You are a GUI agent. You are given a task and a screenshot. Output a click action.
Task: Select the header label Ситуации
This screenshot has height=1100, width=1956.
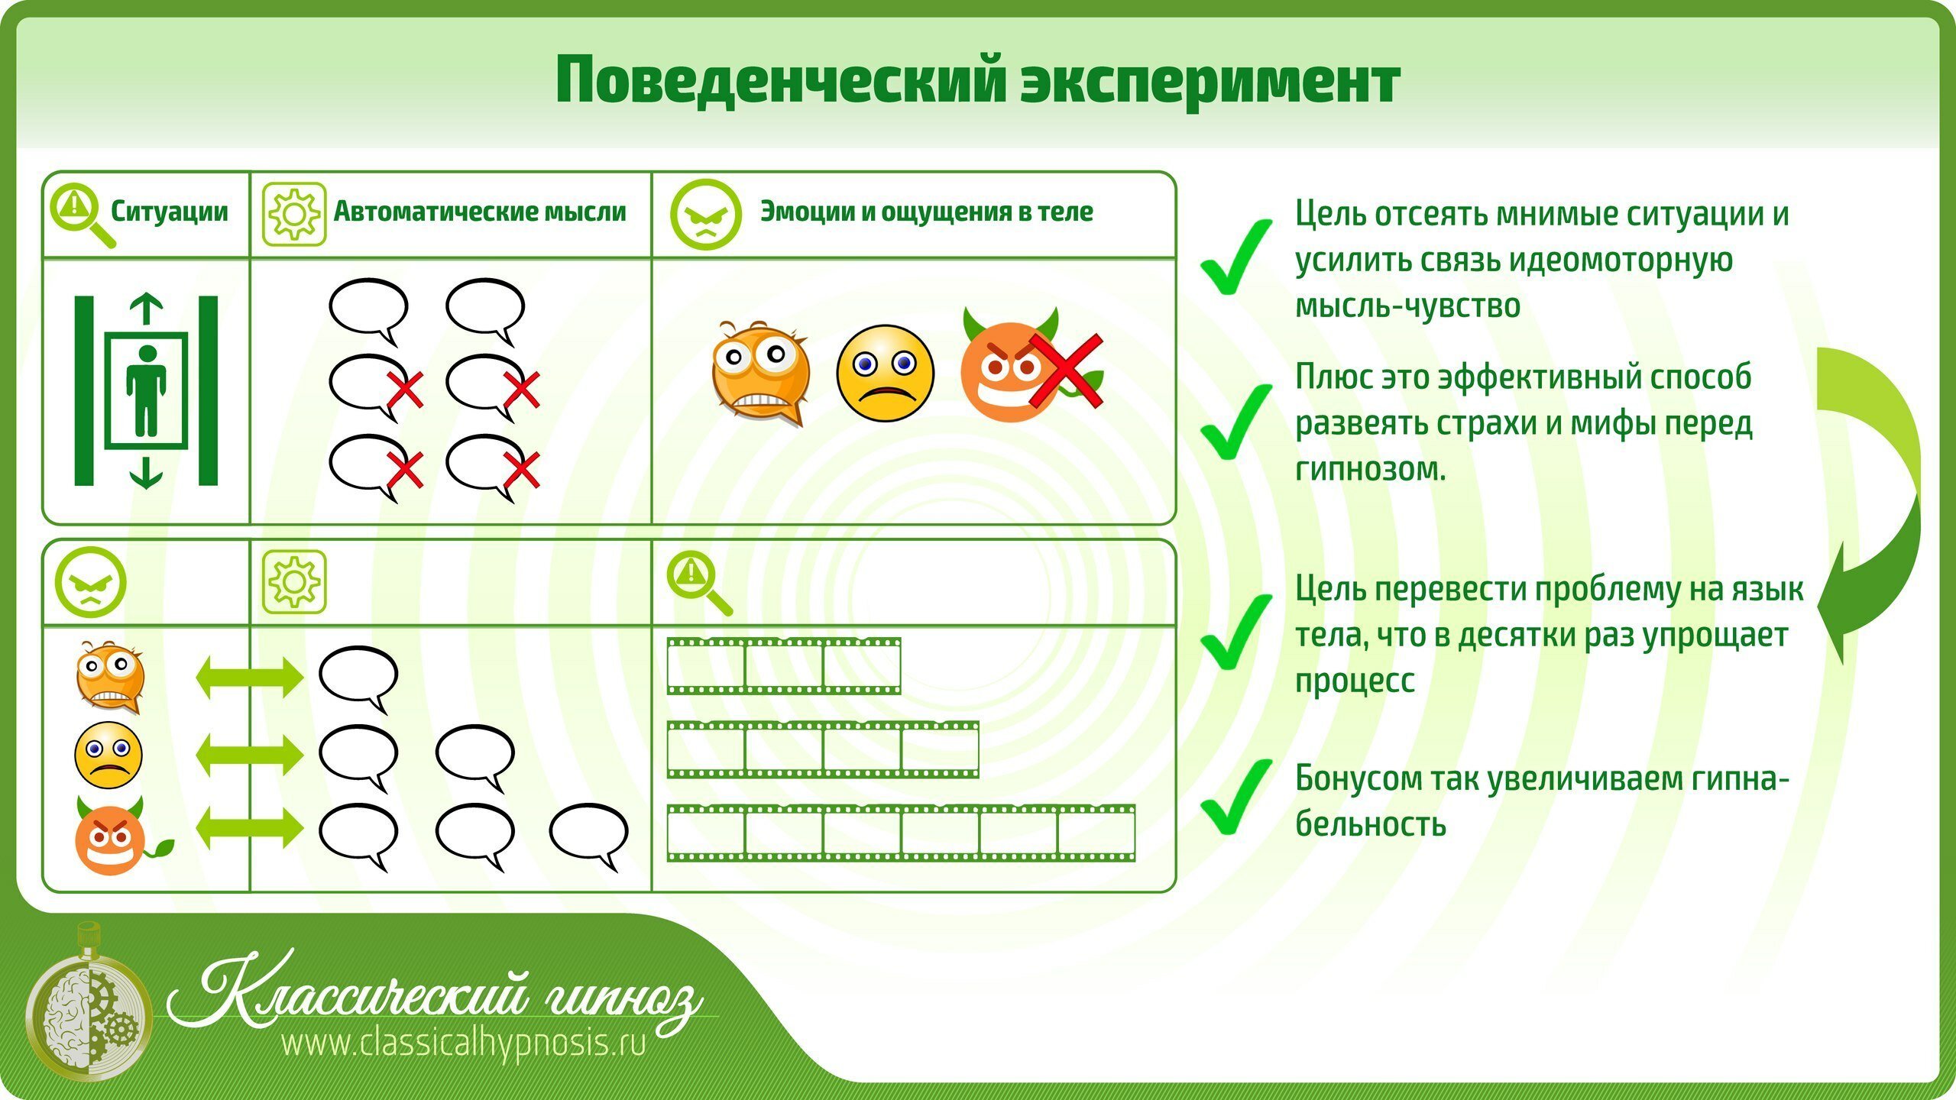point(169,212)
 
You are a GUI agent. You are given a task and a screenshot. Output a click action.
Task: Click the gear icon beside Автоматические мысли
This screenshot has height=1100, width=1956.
point(294,215)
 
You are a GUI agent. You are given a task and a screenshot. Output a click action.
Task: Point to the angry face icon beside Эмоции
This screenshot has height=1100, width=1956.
point(705,215)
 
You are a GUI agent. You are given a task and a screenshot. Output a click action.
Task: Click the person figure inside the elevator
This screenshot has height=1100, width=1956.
point(146,391)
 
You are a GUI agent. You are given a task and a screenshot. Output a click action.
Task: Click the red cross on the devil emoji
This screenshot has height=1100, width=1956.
point(1065,370)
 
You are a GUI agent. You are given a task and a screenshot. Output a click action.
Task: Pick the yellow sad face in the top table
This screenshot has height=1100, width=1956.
point(885,372)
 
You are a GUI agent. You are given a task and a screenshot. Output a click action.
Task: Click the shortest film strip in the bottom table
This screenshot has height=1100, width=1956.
point(784,666)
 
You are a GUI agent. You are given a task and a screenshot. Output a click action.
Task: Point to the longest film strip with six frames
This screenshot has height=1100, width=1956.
point(901,833)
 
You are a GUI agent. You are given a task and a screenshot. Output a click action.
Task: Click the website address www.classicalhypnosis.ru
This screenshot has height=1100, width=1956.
point(464,1043)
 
